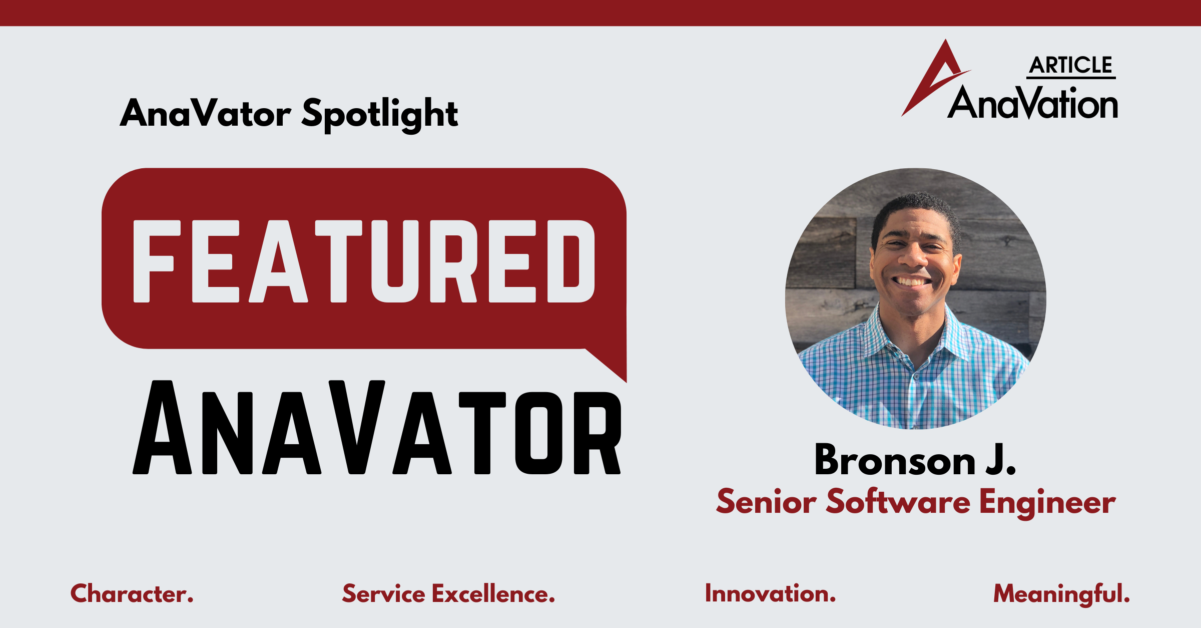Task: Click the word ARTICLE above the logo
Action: click(x=1071, y=66)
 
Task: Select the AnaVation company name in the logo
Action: click(x=1033, y=104)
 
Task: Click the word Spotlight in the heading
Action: click(x=380, y=114)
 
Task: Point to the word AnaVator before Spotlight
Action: click(x=206, y=113)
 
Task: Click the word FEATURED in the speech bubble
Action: click(x=364, y=261)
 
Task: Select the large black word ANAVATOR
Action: click(x=377, y=429)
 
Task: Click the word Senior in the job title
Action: click(x=766, y=502)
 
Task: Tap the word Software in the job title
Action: click(x=898, y=502)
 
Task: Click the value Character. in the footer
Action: click(x=132, y=594)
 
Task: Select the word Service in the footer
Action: click(x=383, y=594)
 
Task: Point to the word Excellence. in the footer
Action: click(x=493, y=594)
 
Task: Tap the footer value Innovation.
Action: click(x=770, y=594)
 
